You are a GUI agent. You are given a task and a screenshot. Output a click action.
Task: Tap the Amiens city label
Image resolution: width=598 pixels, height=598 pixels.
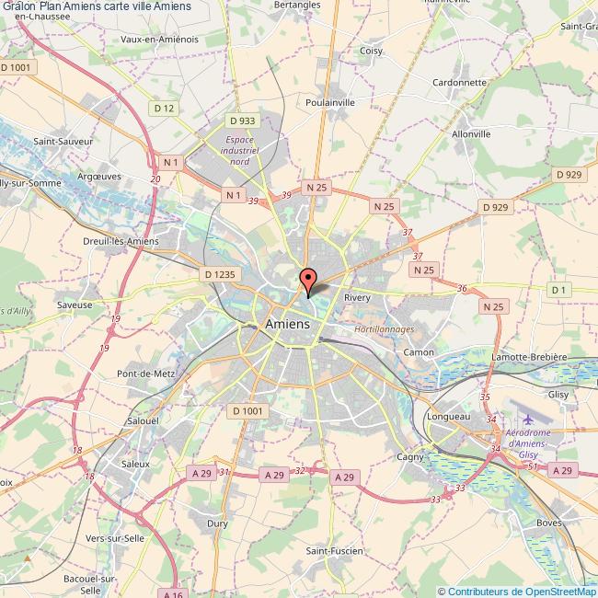(x=287, y=324)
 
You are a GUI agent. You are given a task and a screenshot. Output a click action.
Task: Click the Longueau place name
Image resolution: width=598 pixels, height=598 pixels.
(x=448, y=417)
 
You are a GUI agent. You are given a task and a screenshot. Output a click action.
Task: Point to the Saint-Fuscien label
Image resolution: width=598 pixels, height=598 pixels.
(x=334, y=550)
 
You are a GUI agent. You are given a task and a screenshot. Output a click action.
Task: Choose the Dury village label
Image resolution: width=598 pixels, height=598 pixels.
(x=218, y=523)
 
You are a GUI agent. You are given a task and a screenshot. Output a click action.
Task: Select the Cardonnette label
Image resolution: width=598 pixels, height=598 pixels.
(x=459, y=82)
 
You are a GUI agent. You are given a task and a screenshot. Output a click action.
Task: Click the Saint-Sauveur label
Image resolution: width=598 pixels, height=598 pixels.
(x=57, y=142)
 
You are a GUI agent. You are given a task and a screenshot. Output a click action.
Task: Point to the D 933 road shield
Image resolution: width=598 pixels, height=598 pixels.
(x=243, y=121)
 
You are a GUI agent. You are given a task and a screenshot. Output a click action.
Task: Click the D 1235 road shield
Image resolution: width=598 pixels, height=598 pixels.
(x=220, y=273)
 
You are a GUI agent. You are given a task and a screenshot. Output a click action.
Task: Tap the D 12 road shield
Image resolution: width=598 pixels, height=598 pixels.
(x=165, y=109)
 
